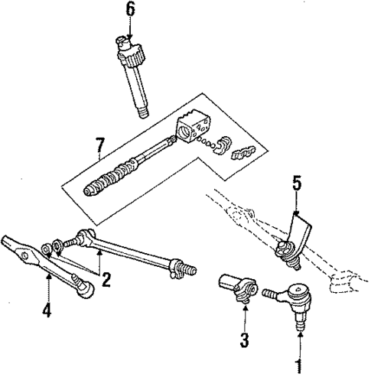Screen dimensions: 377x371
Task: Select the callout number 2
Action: tap(106, 279)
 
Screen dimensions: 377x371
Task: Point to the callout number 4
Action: tap(47, 310)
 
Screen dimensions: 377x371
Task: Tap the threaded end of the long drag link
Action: tap(184, 270)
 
